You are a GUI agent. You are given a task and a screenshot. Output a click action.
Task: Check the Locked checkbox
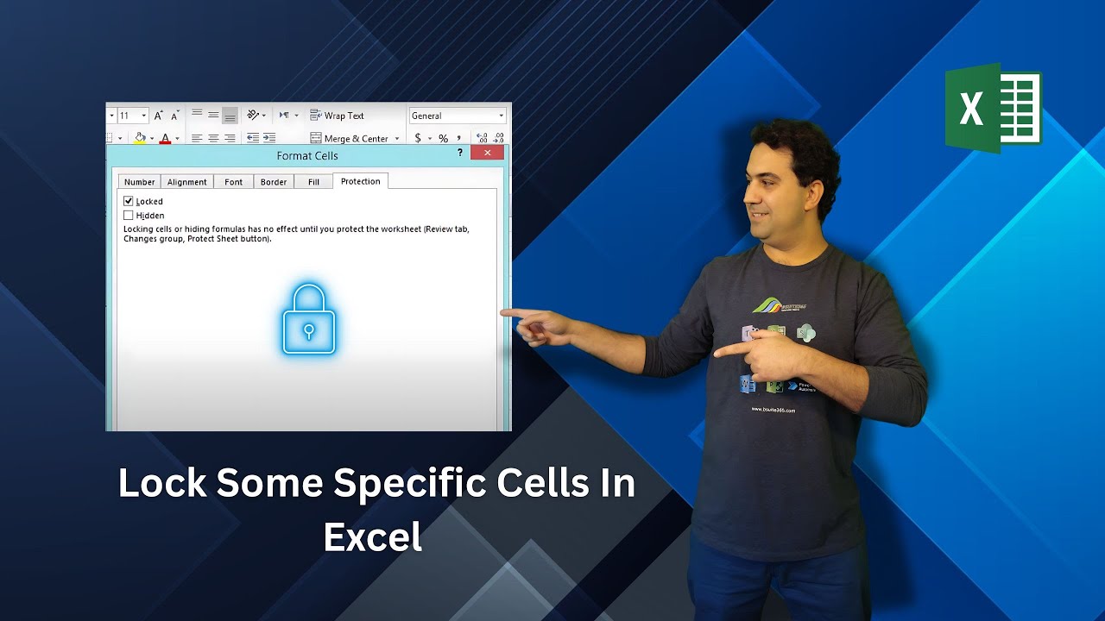pos(129,201)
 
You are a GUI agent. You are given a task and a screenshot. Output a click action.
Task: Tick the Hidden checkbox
pos(129,215)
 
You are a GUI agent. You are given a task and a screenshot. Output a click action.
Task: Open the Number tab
pos(139,182)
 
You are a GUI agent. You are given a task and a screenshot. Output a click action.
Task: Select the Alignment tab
pos(186,182)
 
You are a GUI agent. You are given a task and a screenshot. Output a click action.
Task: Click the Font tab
pos(233,182)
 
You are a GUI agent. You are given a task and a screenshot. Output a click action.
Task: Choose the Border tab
pos(274,182)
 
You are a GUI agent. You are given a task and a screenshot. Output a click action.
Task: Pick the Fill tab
pos(313,182)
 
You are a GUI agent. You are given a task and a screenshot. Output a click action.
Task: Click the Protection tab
pos(360,181)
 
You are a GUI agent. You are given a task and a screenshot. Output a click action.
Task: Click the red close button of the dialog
pos(487,153)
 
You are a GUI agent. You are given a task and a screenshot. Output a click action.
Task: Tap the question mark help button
pos(460,153)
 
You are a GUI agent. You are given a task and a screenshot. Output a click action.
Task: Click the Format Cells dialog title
pos(307,156)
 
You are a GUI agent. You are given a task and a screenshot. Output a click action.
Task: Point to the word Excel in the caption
pos(372,536)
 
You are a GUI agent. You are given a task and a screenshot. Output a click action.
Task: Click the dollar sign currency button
pos(418,138)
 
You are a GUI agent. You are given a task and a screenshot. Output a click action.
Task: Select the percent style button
pos(443,138)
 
